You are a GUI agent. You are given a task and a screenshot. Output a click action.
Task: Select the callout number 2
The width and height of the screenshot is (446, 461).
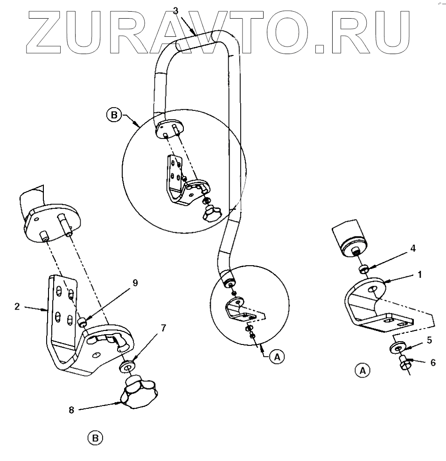tap(16, 307)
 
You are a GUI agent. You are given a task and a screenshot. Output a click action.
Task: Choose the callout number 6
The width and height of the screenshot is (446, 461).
tap(433, 362)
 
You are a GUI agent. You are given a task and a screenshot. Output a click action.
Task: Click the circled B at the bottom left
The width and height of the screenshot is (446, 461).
tap(95, 438)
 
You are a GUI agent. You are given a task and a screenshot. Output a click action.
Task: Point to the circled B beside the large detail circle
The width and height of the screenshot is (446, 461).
tap(113, 113)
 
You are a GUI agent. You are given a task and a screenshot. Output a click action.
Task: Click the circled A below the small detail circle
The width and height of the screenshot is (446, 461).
tap(277, 357)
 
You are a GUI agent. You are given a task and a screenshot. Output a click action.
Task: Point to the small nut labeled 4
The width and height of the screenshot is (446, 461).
tap(364, 269)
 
